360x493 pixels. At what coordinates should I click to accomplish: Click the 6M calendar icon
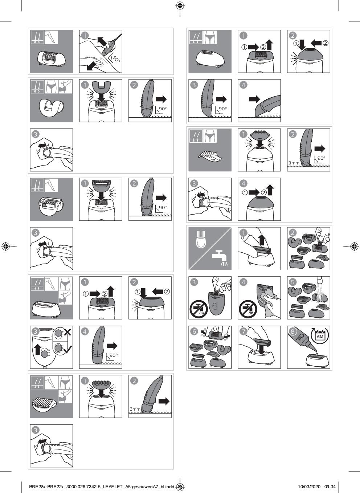(x=320, y=336)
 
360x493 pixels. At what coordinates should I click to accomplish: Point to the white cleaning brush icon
(x=201, y=240)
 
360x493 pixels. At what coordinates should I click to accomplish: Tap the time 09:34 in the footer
(x=330, y=486)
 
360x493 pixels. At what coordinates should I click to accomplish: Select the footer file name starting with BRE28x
(x=102, y=486)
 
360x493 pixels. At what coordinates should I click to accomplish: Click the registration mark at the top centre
(x=180, y=6)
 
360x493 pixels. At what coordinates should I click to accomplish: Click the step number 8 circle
(x=292, y=331)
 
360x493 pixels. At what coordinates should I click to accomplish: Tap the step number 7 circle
(x=244, y=331)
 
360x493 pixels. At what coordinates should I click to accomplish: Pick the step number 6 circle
(x=194, y=331)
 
